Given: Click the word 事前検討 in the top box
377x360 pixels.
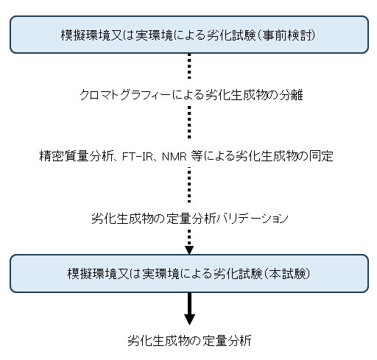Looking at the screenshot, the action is [x=288, y=35].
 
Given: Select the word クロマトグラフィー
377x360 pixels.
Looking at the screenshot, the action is [x=125, y=94].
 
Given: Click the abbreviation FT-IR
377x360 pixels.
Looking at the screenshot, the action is [x=137, y=156].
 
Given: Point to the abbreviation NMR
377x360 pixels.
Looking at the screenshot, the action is [x=175, y=156].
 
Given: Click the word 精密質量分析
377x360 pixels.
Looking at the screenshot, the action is [x=77, y=156].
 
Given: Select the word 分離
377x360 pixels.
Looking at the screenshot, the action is [x=291, y=94].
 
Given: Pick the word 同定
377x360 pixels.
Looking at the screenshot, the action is [x=320, y=156].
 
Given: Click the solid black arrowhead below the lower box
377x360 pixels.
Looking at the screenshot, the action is [x=189, y=319].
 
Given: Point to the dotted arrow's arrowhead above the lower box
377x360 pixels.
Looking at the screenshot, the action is [x=189, y=250].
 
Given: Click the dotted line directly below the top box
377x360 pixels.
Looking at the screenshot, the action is [x=189, y=66].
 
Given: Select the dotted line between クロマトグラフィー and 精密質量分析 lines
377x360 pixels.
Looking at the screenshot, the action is [x=189, y=122].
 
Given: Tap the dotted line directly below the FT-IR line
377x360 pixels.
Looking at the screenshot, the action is [x=189, y=185].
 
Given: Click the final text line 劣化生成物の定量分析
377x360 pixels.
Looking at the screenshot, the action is [x=189, y=341].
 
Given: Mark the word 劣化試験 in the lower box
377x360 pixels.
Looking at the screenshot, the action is [x=238, y=273].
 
